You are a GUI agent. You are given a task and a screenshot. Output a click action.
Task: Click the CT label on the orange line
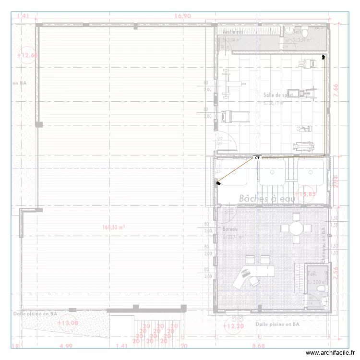point(257,157)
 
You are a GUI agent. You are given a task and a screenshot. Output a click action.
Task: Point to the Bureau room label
point(230,229)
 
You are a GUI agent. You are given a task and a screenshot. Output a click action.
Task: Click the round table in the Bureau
point(297,228)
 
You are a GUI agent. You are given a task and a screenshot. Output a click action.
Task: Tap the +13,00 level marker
point(68,323)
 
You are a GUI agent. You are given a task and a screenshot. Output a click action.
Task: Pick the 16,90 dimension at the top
point(183,16)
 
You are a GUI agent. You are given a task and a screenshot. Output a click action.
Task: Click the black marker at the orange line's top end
point(324,57)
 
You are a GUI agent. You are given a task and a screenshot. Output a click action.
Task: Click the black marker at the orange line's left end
point(218,182)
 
